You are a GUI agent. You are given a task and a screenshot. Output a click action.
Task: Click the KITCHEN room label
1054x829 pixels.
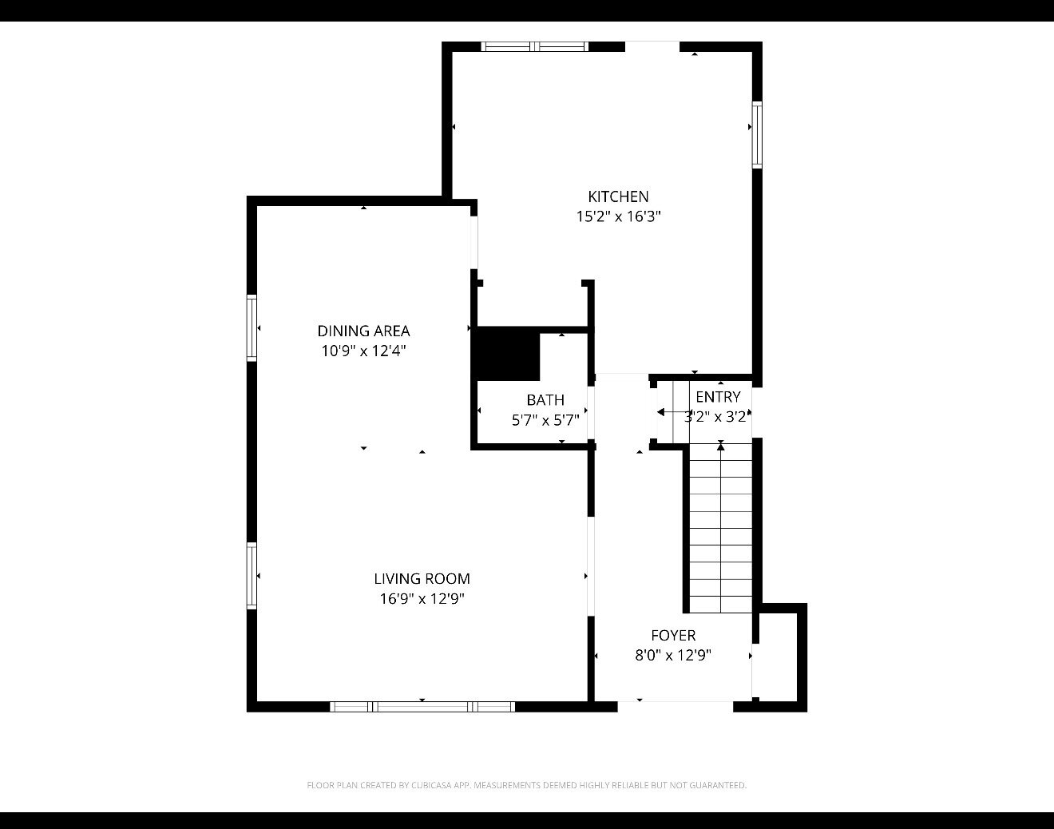pos(618,196)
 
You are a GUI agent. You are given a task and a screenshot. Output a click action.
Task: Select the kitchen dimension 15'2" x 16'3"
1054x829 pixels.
pos(619,216)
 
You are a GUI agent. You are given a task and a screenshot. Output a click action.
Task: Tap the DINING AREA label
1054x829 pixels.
pos(363,331)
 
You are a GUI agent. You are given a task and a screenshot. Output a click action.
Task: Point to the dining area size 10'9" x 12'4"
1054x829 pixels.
pos(363,351)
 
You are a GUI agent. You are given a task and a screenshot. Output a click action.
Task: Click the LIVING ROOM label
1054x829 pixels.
pos(422,579)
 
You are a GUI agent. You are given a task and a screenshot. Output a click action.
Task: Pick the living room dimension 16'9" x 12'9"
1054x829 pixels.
pos(422,599)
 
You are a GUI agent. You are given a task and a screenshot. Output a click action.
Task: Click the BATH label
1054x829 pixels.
pos(545,400)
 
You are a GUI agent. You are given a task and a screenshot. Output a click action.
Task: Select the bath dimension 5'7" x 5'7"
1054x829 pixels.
pos(545,420)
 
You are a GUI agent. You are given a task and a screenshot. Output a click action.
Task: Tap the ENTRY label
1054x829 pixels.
pos(718,397)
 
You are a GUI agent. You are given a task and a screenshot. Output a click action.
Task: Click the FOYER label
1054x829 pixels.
pos(673,636)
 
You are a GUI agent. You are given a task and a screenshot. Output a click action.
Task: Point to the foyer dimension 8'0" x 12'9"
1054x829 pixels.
pos(673,655)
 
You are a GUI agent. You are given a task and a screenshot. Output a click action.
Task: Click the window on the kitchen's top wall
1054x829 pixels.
pos(534,46)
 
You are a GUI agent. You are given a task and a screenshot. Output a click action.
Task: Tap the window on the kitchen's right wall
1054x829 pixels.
pos(757,135)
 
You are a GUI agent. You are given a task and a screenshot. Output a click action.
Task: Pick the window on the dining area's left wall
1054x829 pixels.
pos(252,327)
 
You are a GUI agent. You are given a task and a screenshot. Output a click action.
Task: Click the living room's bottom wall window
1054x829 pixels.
pos(422,707)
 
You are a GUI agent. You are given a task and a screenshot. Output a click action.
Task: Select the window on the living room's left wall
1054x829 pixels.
pos(252,576)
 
